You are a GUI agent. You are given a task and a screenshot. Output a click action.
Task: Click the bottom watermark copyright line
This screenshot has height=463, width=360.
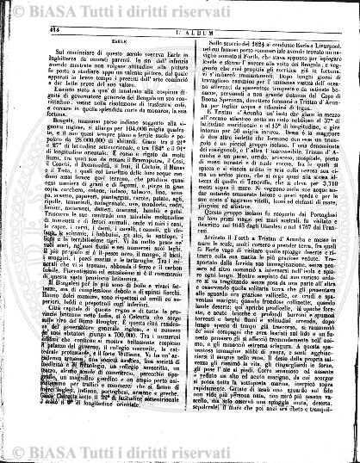click(180, 454)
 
